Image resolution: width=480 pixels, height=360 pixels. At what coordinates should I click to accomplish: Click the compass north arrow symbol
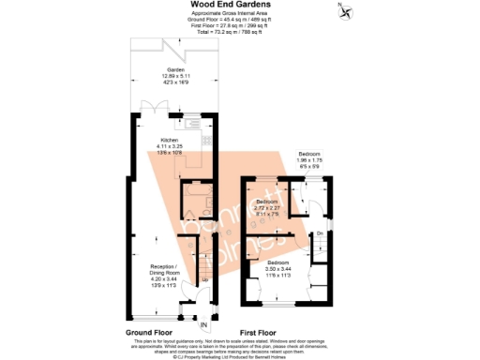click(348, 12)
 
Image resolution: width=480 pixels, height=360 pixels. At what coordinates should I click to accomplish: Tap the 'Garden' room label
click(175, 70)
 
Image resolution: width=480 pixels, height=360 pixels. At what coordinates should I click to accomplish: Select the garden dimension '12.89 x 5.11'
click(175, 77)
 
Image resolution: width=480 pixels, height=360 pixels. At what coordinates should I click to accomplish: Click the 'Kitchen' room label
click(169, 139)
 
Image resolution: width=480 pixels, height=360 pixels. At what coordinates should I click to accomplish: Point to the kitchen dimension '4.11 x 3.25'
click(169, 145)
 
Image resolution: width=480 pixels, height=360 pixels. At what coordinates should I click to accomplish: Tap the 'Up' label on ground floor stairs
click(204, 279)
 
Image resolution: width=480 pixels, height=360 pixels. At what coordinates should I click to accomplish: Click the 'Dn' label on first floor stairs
click(320, 232)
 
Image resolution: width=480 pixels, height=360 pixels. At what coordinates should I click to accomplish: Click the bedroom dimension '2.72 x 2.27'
click(268, 207)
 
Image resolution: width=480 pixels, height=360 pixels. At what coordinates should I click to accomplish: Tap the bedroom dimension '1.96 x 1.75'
click(310, 158)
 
